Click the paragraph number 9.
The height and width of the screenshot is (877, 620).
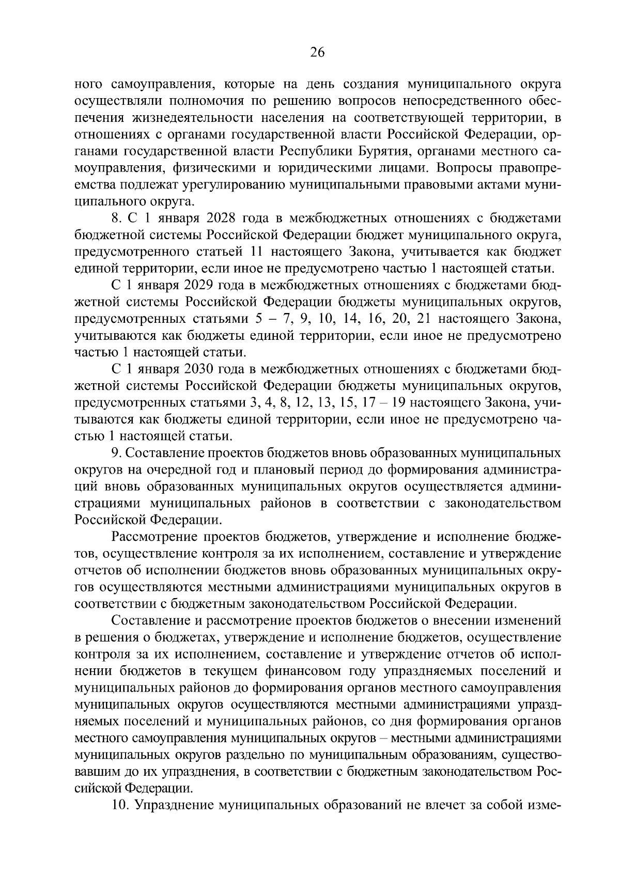click(116, 453)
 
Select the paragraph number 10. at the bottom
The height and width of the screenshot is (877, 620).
click(120, 805)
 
